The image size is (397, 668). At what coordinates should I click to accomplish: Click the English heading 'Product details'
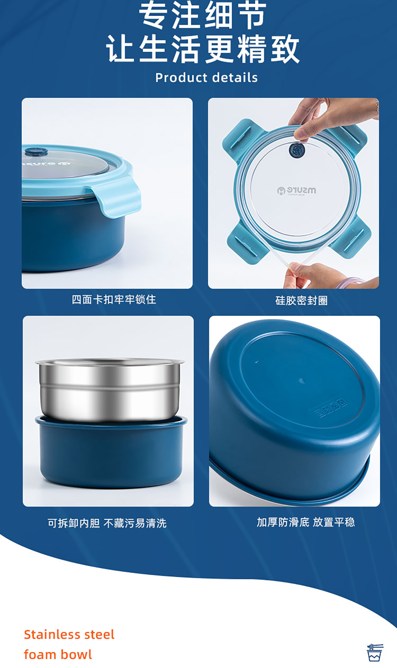click(x=206, y=78)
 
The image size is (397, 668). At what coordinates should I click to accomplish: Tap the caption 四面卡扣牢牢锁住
click(x=114, y=299)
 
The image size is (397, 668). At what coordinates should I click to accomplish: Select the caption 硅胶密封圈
click(x=301, y=300)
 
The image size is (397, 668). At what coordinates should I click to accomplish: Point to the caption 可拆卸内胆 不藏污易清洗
click(x=107, y=523)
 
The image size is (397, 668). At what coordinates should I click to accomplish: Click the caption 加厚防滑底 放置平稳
click(x=306, y=522)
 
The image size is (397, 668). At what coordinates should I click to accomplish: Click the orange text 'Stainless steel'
click(x=69, y=635)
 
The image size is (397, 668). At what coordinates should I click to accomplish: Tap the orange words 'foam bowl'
click(x=58, y=654)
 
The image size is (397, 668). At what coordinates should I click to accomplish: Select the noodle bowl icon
click(x=375, y=652)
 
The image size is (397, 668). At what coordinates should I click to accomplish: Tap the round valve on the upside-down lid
click(x=297, y=150)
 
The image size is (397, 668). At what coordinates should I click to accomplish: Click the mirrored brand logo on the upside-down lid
click(x=296, y=191)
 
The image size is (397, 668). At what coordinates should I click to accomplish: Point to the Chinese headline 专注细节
click(x=202, y=15)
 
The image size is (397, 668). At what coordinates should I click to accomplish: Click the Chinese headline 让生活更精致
click(x=202, y=49)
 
